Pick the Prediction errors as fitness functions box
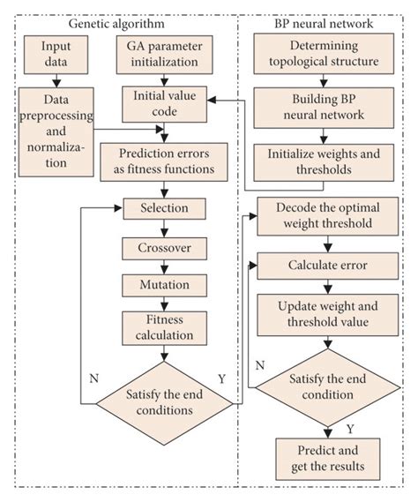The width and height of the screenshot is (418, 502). pos(165,161)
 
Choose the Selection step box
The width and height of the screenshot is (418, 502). pos(165,209)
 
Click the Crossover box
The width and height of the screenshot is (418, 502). pos(165,248)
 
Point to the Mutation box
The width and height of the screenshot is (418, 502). pos(165,285)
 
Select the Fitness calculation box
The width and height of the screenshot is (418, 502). pos(165,327)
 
